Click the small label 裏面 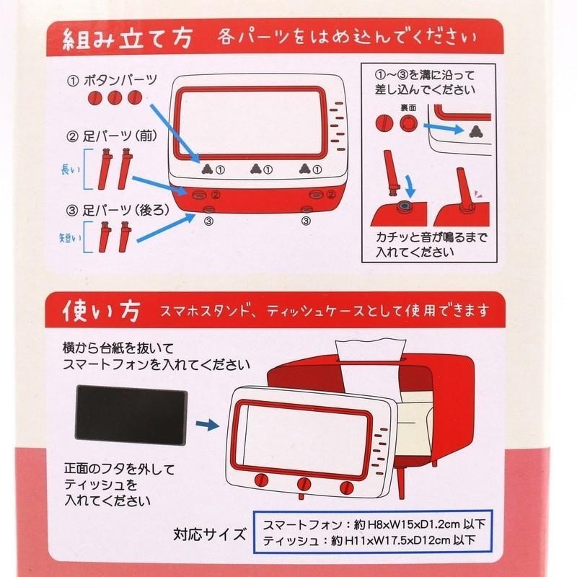(x=409, y=106)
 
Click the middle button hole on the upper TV (x=254, y=169)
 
